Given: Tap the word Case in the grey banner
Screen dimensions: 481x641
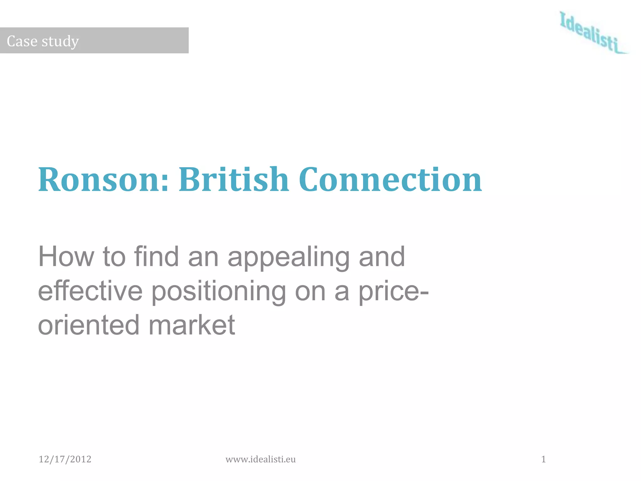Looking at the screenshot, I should coord(22,41).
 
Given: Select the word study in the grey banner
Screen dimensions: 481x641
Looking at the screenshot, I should coord(60,42).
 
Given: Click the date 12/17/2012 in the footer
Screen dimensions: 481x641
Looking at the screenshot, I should coord(65,459).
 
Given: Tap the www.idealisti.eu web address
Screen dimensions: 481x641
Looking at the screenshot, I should coord(260,459).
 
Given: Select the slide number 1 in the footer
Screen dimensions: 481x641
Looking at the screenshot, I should coord(544,459).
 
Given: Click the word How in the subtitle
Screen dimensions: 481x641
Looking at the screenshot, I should coord(66,256).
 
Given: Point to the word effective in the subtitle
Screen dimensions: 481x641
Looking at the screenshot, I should coord(90,291).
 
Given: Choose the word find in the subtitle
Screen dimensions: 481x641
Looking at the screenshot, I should coord(156,256).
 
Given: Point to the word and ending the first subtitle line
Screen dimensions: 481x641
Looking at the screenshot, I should coord(382,256).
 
